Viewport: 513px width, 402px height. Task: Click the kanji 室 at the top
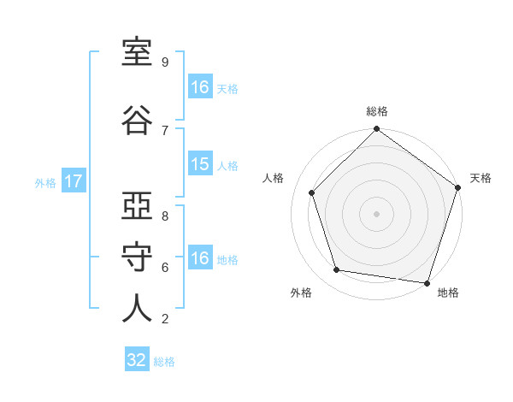coord(137,52)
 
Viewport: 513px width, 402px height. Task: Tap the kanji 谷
coord(137,120)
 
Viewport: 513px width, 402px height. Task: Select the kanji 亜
coord(137,205)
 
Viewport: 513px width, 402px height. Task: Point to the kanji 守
coord(137,257)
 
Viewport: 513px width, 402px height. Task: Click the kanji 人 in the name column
coord(137,308)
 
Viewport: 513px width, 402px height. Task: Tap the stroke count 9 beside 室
coord(165,62)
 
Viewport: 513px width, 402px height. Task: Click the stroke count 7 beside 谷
coord(165,131)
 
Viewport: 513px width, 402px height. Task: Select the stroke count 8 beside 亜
coord(165,216)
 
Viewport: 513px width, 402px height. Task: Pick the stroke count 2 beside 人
coord(165,318)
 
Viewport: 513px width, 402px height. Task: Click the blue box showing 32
coord(137,358)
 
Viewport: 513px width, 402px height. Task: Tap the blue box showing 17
coord(74,180)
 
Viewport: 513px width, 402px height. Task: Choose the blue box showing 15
coord(201,163)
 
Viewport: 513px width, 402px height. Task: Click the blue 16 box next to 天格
coord(201,86)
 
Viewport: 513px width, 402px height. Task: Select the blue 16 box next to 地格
coord(201,257)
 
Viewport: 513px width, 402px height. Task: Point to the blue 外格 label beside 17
coord(45,183)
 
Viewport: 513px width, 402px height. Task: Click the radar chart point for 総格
coord(376,128)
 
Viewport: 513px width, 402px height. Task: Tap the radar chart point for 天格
coord(458,187)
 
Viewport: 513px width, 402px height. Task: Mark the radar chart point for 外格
coord(336,269)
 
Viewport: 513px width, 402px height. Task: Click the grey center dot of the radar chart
coord(376,214)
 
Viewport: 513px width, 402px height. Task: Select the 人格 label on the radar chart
coord(273,178)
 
